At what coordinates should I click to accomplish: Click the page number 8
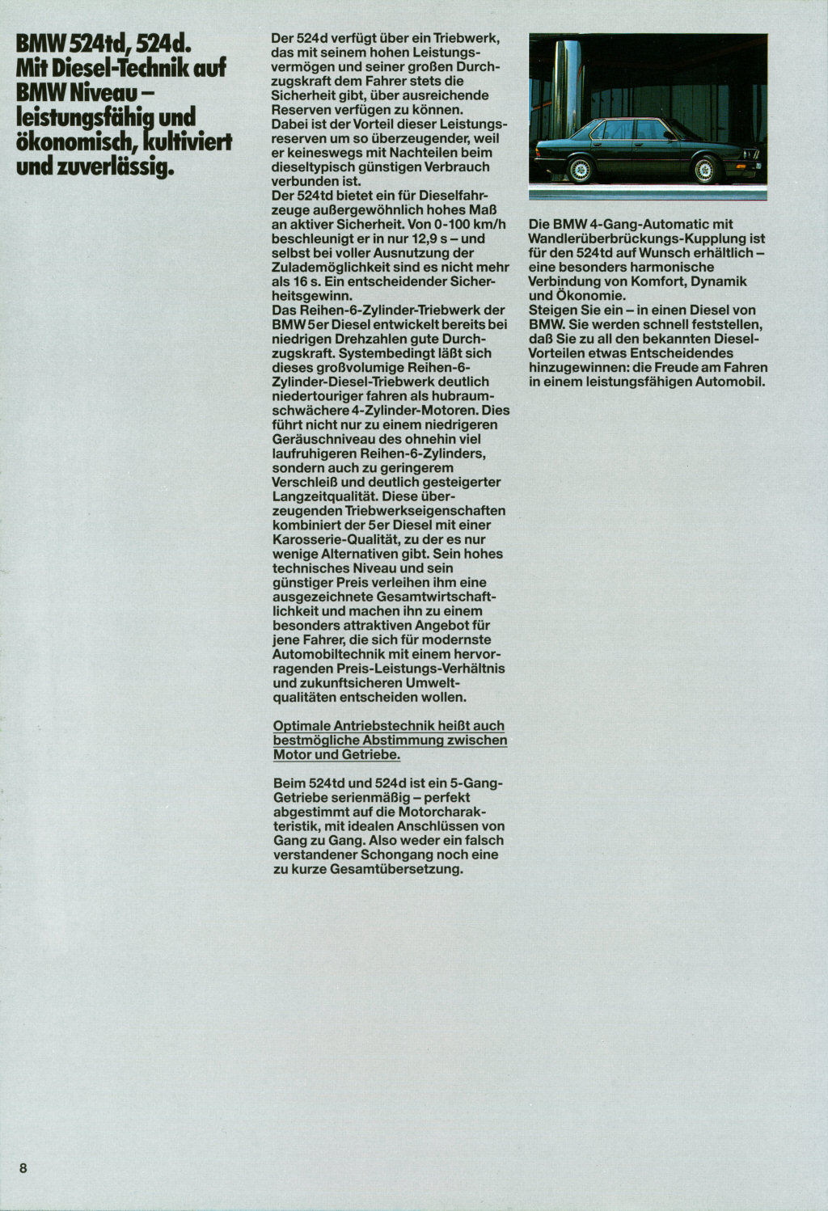(x=23, y=1167)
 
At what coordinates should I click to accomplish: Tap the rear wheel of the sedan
(x=580, y=170)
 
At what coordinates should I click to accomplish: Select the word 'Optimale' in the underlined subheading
(x=302, y=726)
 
